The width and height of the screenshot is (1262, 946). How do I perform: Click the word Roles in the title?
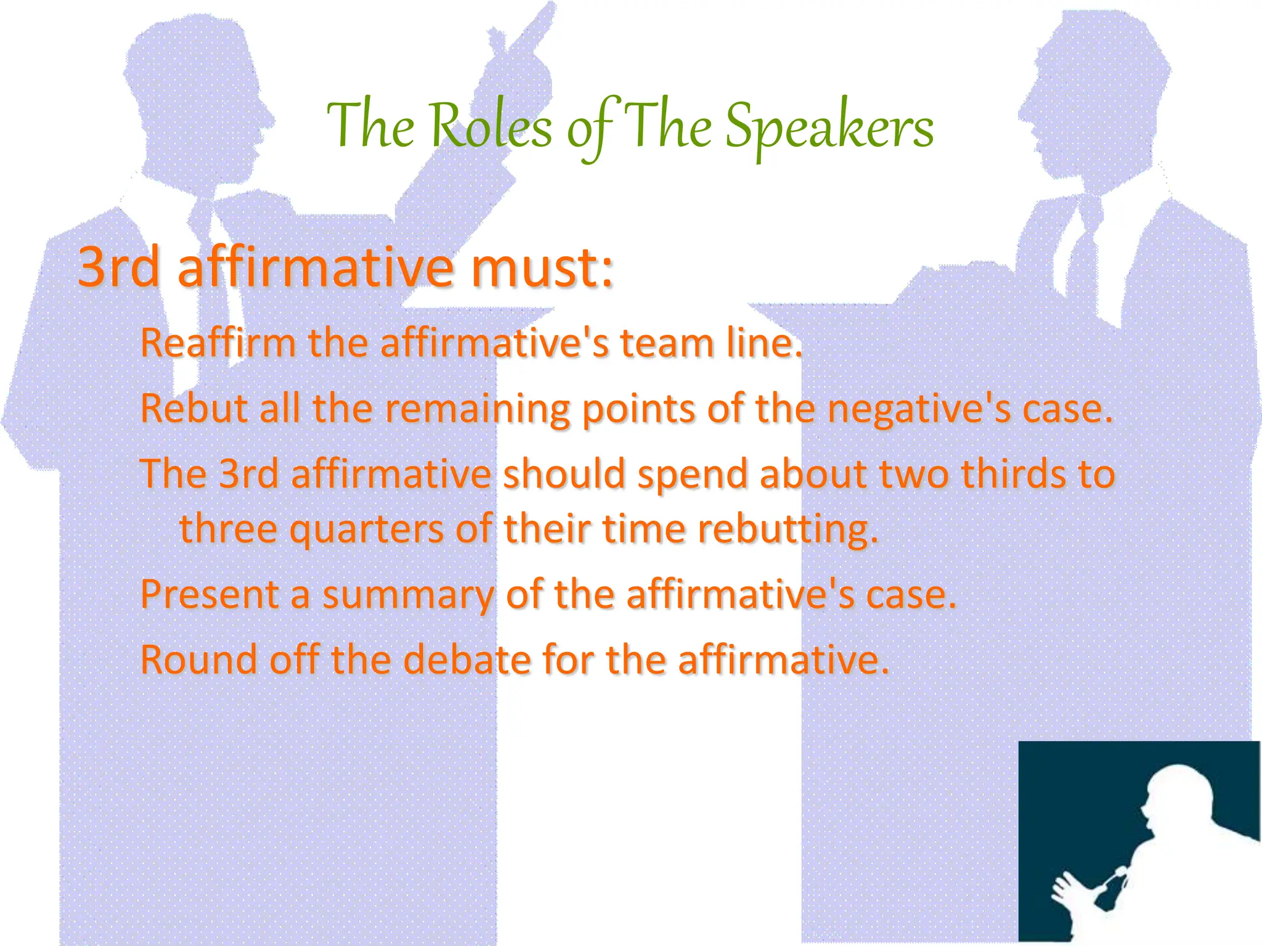tap(491, 126)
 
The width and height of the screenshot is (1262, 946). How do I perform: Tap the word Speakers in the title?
tap(829, 128)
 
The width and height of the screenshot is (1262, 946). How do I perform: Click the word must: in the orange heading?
tap(542, 269)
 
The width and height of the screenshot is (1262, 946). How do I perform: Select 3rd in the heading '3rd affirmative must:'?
tap(118, 269)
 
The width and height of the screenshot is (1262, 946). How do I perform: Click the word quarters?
tap(366, 529)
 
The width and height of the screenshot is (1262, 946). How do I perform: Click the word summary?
tap(408, 596)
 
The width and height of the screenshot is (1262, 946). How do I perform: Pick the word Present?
tap(210, 594)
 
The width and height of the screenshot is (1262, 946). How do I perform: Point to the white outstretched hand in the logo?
tap(1069, 890)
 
